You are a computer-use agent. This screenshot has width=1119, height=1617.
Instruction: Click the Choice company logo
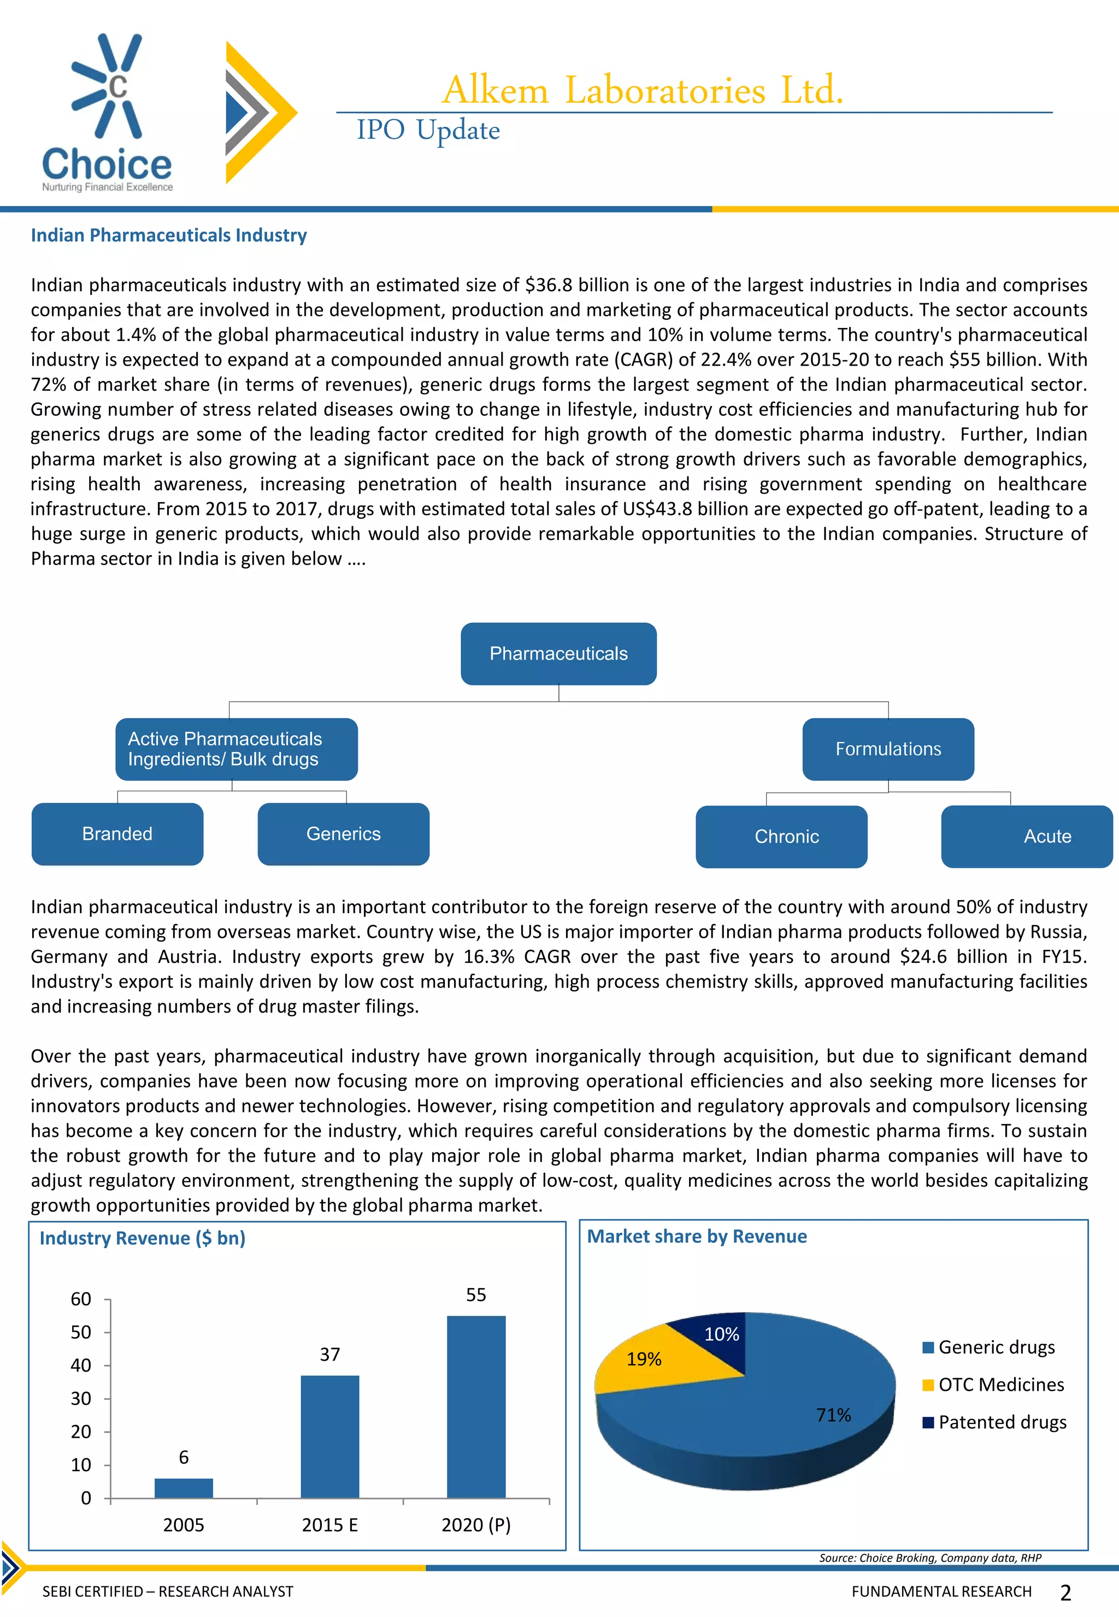pos(107,112)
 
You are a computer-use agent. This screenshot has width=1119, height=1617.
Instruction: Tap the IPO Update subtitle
pos(428,131)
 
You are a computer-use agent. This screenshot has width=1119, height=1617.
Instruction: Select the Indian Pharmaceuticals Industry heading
pos(168,235)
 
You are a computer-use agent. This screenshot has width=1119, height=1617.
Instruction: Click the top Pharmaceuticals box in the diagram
pos(558,654)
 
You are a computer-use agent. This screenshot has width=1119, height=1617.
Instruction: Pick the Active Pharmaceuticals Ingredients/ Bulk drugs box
pos(236,749)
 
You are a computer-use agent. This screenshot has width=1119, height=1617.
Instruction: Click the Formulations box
pos(888,749)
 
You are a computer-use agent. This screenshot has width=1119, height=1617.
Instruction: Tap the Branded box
pos(117,834)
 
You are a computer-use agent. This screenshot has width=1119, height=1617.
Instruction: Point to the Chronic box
pos(781,837)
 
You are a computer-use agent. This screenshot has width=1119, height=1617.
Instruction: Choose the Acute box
pos(1027,837)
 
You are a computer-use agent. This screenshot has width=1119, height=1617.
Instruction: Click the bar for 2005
pos(184,1487)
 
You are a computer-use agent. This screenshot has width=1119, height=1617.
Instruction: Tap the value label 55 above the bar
pos(476,1295)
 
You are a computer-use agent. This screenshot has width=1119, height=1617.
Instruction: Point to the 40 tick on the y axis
pos(81,1365)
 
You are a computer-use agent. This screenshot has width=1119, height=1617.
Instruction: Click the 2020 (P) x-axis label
pos(476,1525)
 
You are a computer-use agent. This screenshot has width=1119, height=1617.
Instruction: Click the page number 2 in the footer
pos(1065,1592)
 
